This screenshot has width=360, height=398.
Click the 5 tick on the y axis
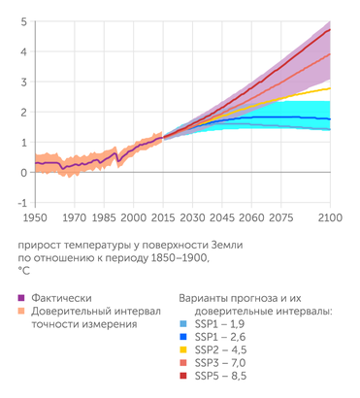23,21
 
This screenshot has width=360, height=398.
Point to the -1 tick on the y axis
21,203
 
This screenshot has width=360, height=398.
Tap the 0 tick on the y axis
23,173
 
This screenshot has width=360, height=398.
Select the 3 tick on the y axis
23,82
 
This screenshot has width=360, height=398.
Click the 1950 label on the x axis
35,218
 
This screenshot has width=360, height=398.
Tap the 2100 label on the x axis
331,218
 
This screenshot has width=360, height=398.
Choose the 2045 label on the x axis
223,218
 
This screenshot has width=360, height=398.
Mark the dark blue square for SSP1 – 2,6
185,348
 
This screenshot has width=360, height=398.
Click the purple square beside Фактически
21,297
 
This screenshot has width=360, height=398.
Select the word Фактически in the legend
60,297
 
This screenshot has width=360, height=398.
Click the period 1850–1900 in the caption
171,259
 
